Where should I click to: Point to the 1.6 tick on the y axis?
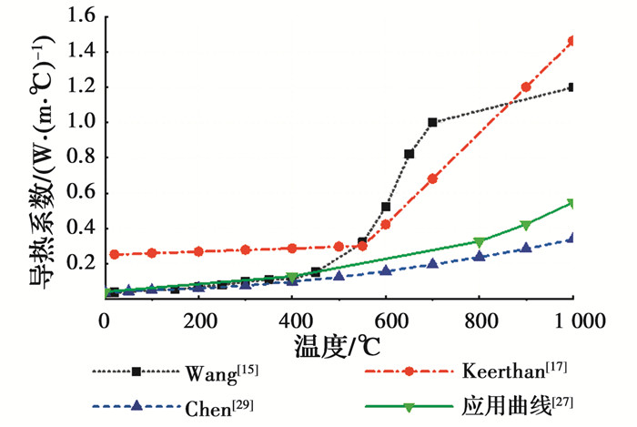(82, 16)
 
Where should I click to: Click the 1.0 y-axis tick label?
(82, 122)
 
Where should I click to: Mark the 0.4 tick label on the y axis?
(82, 228)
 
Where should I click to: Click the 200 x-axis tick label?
(198, 320)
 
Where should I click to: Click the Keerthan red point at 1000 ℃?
(572, 41)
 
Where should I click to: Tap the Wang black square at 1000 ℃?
(572, 87)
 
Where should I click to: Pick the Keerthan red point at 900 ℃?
(526, 87)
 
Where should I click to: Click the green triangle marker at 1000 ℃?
(572, 203)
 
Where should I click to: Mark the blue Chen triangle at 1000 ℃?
(572, 238)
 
